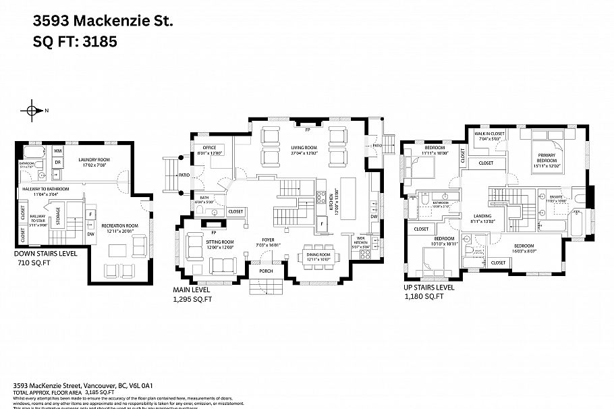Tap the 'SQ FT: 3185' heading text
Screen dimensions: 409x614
click(75, 42)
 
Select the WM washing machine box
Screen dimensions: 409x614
click(58, 151)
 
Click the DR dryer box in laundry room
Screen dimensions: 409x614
click(58, 163)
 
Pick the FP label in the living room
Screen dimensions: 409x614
click(307, 128)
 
